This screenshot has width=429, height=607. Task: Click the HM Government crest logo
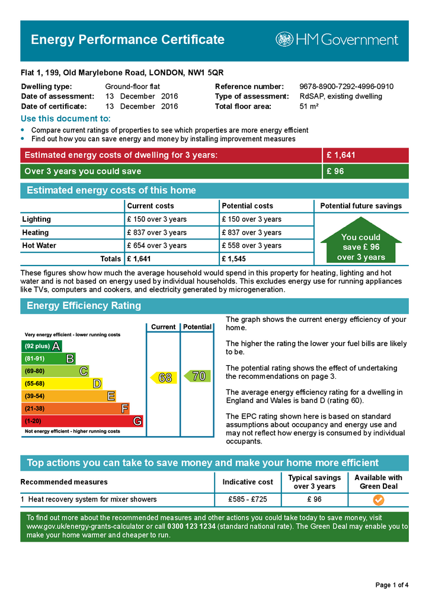coord(284,40)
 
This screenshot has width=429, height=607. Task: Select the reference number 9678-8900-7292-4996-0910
coord(346,87)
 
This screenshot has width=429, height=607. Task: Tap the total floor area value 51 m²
coord(309,107)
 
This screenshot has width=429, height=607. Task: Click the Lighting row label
coord(37,219)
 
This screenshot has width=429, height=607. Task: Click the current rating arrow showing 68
coord(164,377)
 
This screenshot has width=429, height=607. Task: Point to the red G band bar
coord(82,421)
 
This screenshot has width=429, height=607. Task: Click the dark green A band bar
coord(41,346)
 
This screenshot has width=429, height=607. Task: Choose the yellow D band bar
coord(62,384)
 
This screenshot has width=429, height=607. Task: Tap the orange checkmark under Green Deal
coord(378,500)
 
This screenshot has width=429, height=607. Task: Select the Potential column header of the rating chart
coord(197,327)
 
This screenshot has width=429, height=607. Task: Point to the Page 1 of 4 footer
coord(392,586)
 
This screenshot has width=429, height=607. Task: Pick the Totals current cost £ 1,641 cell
coord(140,259)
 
